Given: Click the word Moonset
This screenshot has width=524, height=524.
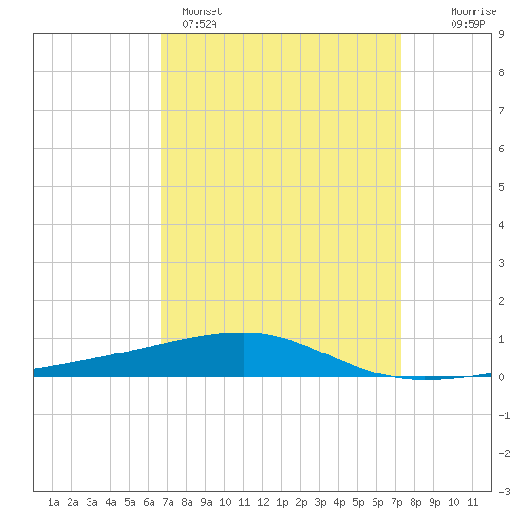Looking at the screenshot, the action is pyautogui.click(x=202, y=11).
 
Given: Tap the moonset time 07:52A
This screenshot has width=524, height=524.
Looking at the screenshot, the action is pyautogui.click(x=199, y=24).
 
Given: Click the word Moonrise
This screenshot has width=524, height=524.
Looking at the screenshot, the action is pyautogui.click(x=474, y=11).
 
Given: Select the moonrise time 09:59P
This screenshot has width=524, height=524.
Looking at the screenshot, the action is pyautogui.click(x=468, y=24).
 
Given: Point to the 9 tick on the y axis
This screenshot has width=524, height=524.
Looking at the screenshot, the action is pyautogui.click(x=501, y=34).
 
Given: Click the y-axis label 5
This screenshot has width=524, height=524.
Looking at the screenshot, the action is pyautogui.click(x=501, y=187).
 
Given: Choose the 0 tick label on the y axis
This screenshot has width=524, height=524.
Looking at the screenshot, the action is pyautogui.click(x=501, y=377).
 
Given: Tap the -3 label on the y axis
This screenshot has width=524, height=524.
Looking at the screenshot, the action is pyautogui.click(x=504, y=492).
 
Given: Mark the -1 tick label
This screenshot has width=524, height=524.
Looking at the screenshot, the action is pyautogui.click(x=504, y=415).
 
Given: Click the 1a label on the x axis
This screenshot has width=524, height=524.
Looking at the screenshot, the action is pyautogui.click(x=53, y=502).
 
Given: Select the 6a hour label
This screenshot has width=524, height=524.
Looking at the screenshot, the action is pyautogui.click(x=149, y=502).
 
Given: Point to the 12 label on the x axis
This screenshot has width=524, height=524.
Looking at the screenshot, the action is pyautogui.click(x=263, y=502).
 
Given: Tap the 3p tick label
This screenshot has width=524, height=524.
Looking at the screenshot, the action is pyautogui.click(x=320, y=502).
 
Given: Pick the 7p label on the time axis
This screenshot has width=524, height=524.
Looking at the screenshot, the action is pyautogui.click(x=396, y=502).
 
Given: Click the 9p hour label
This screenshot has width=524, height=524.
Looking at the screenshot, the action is pyautogui.click(x=434, y=502).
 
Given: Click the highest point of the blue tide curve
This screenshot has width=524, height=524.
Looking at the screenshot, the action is pyautogui.click(x=243, y=333).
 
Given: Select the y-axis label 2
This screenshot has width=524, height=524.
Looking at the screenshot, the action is pyautogui.click(x=501, y=301).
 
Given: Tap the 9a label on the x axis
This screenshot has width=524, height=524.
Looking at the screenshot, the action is pyautogui.click(x=206, y=502).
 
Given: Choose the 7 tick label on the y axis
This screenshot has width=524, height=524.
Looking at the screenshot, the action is pyautogui.click(x=501, y=111).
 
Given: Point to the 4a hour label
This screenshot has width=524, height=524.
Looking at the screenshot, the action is pyautogui.click(x=111, y=502).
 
